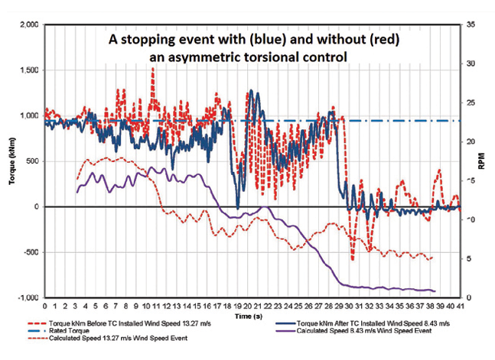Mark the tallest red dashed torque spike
click(x=153, y=70)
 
